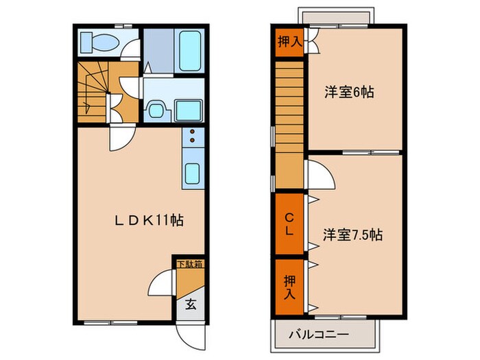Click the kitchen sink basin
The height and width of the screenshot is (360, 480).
pos(193,174)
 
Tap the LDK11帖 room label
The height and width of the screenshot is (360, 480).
pos(148,221)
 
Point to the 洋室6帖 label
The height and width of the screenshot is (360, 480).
pos(349,93)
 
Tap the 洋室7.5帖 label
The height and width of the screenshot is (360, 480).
pos(353,235)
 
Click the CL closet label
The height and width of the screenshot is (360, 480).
pos(289,225)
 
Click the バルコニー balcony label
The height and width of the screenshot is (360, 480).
pos(323,335)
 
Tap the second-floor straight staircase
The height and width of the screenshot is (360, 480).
pos(289,123)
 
